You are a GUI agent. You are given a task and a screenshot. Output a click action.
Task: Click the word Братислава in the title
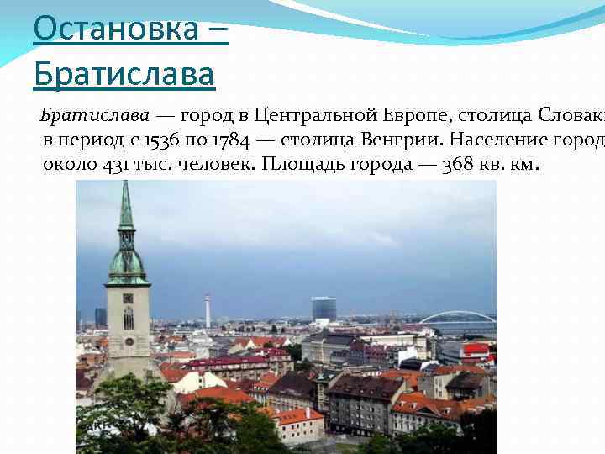(124, 75)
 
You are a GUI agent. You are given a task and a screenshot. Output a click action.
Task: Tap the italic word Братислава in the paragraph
(95, 114)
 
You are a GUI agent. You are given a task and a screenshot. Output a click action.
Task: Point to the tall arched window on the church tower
(129, 318)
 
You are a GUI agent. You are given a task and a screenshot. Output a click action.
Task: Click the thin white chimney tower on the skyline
(208, 311)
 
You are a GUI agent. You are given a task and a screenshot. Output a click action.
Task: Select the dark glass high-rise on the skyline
(324, 309)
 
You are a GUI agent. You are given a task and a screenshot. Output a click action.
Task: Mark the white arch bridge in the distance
(457, 318)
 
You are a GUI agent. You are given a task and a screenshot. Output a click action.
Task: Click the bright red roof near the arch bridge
(476, 348)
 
